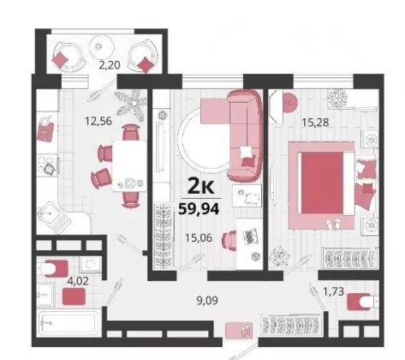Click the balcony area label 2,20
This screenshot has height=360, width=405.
point(110,65)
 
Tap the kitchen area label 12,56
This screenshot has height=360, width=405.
point(98,121)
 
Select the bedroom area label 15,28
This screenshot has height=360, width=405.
point(315,123)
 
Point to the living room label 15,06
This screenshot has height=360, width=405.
point(199,237)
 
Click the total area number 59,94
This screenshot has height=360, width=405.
point(199,208)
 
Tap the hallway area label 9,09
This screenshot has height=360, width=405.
point(207,300)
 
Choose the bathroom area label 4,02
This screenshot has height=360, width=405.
point(78,281)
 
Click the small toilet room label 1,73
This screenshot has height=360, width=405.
point(333,291)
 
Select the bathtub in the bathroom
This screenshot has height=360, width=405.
point(68,323)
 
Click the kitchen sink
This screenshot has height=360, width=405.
point(53,218)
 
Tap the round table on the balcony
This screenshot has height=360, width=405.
point(102,47)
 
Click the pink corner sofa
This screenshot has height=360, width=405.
point(232,135)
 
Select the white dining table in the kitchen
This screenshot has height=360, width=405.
point(129,165)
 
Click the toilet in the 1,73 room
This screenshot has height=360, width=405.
point(363,301)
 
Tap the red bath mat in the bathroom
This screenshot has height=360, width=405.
point(74,297)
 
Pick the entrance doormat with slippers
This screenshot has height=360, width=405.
point(239,331)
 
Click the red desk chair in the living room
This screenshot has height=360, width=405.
point(229,241)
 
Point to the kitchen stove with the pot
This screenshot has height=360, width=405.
point(47,165)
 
